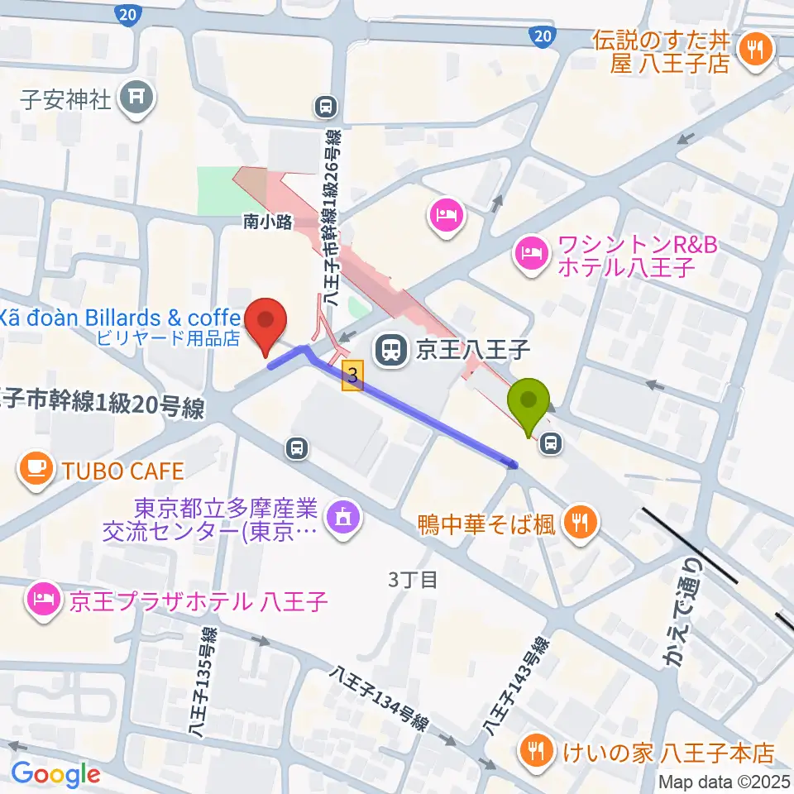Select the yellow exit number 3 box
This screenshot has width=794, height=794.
tap(353, 375)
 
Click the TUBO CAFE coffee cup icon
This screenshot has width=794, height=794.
tap(35, 470)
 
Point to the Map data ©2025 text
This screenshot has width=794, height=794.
tap(723, 781)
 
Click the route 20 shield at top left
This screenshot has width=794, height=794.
tap(127, 14)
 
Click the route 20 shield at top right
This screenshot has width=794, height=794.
tap(541, 36)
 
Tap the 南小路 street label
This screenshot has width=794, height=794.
tap(268, 222)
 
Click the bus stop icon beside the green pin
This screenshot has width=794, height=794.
tap(550, 445)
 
